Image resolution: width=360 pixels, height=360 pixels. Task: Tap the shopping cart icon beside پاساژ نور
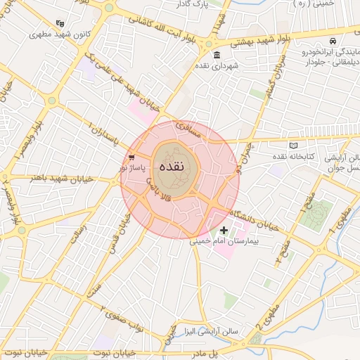(131, 157)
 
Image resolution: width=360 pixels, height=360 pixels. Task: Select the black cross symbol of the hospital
(224, 230)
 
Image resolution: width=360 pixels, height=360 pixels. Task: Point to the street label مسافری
(188, 129)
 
